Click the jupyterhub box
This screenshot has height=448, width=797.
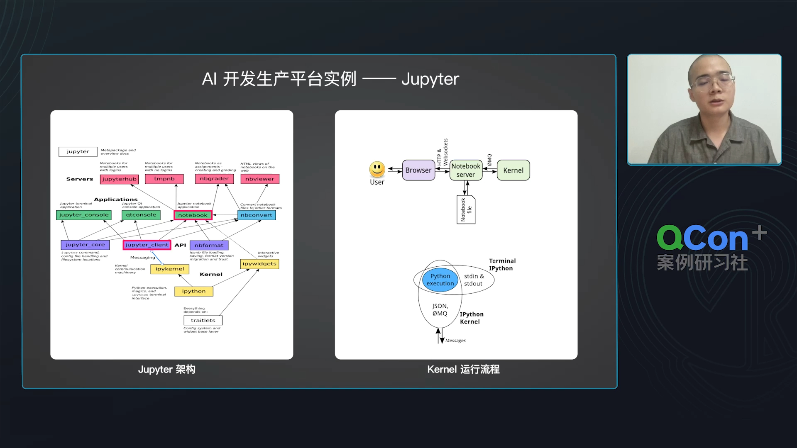click(119, 179)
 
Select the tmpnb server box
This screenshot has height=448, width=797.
click(164, 179)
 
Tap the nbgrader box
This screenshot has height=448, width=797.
click(214, 179)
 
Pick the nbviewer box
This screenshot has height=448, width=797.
click(260, 179)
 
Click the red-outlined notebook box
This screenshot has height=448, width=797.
click(193, 215)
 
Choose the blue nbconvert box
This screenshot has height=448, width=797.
click(257, 215)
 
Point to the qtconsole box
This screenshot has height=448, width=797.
click(141, 215)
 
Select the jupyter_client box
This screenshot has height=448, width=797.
click(147, 245)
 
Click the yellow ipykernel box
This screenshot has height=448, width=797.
click(170, 269)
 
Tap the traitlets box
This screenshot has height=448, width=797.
click(203, 321)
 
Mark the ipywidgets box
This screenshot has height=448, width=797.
click(260, 264)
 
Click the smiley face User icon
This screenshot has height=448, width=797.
click(377, 169)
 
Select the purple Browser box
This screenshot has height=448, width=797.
click(418, 170)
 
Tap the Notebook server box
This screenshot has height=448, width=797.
click(466, 170)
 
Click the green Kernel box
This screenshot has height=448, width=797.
click(513, 170)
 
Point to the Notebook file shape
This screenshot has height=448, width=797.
click(466, 210)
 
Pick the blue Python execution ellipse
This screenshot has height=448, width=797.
click(440, 280)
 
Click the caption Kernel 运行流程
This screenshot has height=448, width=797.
click(463, 370)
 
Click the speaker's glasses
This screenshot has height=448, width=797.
click(711, 81)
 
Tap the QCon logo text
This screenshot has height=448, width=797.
click(703, 239)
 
